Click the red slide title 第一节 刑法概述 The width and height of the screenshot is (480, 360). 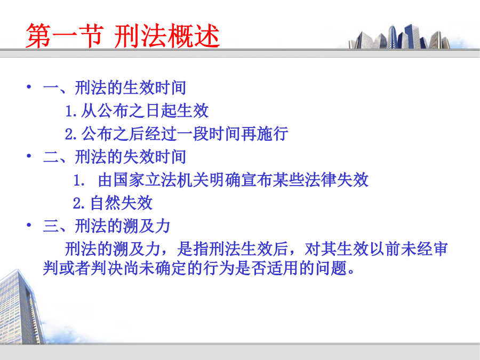pyautogui.click(x=123, y=36)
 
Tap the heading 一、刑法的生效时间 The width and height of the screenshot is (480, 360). pyautogui.click(x=115, y=87)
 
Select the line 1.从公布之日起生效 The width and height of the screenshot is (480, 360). pyautogui.click(x=137, y=110)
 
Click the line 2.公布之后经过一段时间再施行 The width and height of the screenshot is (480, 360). pyautogui.click(x=177, y=134)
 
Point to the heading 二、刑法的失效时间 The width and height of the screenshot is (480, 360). pyautogui.click(x=115, y=157)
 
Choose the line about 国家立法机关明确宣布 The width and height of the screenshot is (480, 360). pyautogui.click(x=221, y=180)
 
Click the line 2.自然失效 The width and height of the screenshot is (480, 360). pyautogui.click(x=113, y=203)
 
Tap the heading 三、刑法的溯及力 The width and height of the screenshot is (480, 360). pyautogui.click(x=107, y=226)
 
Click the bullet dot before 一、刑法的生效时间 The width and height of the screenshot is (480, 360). pyautogui.click(x=29, y=87)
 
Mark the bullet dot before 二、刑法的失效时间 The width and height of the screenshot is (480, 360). pyautogui.click(x=29, y=156)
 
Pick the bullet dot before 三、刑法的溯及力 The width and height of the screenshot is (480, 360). pyautogui.click(x=29, y=225)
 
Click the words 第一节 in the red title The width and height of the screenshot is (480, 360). pyautogui.click(x=65, y=36)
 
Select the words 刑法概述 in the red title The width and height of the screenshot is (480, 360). pyautogui.click(x=167, y=36)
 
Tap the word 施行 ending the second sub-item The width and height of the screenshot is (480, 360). pyautogui.click(x=273, y=134)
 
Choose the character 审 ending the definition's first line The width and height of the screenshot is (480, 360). pyautogui.click(x=440, y=249)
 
